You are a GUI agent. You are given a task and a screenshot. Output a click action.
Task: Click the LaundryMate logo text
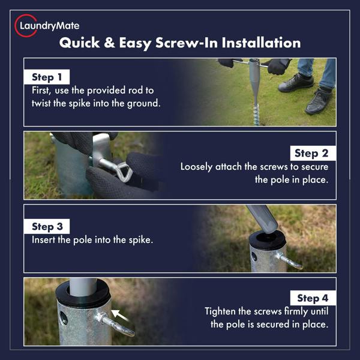point(50,26)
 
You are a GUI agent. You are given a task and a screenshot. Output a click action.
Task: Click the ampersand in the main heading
point(109,43)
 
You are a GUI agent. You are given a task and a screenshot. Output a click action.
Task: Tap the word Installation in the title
point(261,43)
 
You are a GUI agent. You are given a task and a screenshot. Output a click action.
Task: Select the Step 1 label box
point(47,77)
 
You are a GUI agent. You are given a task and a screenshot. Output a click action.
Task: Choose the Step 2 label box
point(313,153)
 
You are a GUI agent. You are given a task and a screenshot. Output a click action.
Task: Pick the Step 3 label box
point(47,226)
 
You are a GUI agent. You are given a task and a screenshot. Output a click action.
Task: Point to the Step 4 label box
point(313,298)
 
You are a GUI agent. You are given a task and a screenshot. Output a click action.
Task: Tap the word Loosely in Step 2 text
point(196,167)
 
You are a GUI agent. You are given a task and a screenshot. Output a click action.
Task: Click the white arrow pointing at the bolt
point(120,315)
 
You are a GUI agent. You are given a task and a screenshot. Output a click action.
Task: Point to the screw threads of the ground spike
point(256,115)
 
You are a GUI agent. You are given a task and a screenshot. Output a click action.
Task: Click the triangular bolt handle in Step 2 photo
point(124,172)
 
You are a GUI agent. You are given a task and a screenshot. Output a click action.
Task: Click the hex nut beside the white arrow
point(101,317)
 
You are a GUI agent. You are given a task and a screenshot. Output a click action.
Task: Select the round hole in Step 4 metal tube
point(64,317)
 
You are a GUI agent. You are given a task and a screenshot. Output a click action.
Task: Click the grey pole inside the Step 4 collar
point(83,287)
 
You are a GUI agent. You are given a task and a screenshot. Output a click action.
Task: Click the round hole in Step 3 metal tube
point(254,257)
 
